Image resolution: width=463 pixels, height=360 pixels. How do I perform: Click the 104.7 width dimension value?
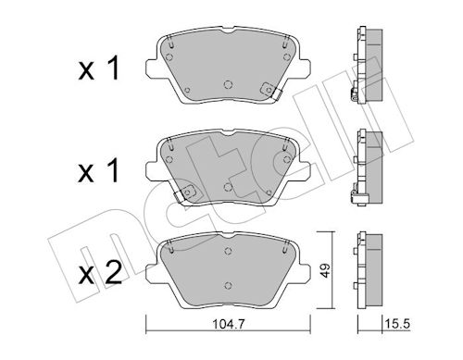[x=229, y=324]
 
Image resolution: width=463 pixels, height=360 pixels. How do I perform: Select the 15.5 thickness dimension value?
[x=397, y=324]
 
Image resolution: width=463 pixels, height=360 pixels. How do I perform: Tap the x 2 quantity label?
[x=100, y=273]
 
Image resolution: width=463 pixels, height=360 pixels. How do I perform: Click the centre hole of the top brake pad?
[x=228, y=84]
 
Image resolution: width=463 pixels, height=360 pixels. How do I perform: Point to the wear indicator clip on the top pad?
[x=270, y=91]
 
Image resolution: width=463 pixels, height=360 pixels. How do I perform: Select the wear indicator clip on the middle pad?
[x=185, y=193]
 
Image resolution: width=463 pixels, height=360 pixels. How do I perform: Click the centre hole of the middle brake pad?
[x=228, y=187]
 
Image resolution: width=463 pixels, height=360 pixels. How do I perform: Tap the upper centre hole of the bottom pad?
[x=228, y=251]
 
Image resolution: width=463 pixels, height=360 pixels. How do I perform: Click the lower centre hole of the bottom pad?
[x=228, y=285]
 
